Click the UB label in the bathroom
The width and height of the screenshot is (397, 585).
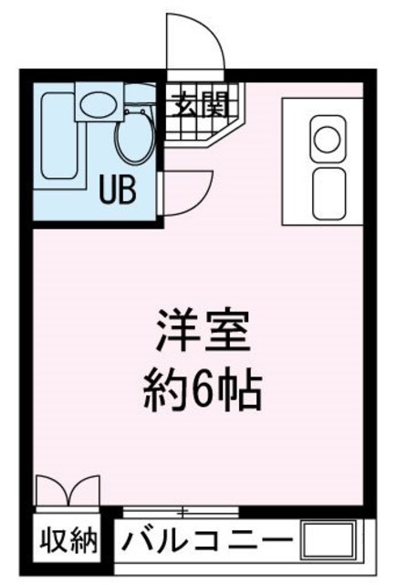click(118, 190)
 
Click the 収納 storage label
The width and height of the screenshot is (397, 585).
click(68, 540)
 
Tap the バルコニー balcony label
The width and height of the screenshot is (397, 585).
click(206, 539)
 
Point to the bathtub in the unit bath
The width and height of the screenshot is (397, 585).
click(59, 136)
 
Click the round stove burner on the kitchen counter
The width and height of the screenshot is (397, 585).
click(327, 138)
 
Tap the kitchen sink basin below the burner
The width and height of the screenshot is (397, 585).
click(329, 193)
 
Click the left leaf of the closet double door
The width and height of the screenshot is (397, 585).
click(52, 489)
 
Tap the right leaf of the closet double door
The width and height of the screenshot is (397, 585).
click(84, 489)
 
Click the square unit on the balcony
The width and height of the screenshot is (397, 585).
click(329, 539)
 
